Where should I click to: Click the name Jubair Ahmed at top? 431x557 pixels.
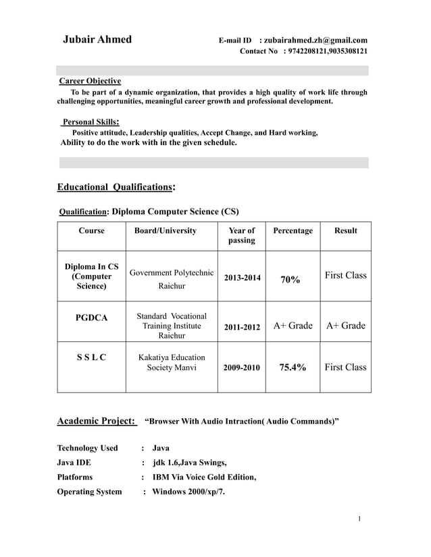click(x=97, y=39)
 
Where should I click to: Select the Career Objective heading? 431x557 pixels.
click(x=91, y=81)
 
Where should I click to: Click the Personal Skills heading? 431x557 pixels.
click(x=91, y=122)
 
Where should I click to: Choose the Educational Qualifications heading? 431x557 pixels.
click(x=116, y=187)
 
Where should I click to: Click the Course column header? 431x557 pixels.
click(x=91, y=231)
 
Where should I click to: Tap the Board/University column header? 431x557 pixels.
click(x=166, y=231)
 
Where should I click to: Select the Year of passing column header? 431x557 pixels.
click(x=242, y=235)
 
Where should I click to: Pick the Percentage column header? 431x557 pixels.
click(x=293, y=231)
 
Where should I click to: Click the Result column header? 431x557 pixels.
click(x=345, y=231)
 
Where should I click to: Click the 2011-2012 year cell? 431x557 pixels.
click(x=242, y=327)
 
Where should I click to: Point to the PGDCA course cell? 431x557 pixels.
click(x=91, y=318)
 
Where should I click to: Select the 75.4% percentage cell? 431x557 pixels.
click(x=292, y=368)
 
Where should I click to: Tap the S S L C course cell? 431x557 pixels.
click(x=91, y=357)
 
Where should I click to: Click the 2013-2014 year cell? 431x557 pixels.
click(x=242, y=278)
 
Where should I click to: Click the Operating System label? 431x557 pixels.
click(x=90, y=491)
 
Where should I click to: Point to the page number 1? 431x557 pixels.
click(x=361, y=519)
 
